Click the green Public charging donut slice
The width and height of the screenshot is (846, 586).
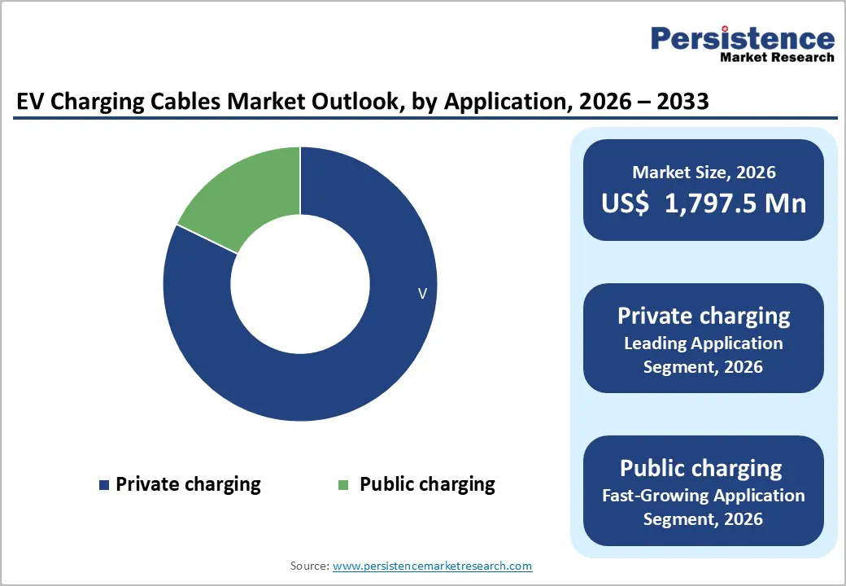(x=244, y=195)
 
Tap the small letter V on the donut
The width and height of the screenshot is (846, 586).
(x=422, y=294)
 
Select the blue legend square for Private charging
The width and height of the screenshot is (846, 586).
(x=103, y=485)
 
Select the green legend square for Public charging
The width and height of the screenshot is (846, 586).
(x=343, y=485)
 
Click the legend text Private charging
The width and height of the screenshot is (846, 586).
(x=188, y=484)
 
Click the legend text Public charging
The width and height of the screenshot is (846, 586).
(x=427, y=484)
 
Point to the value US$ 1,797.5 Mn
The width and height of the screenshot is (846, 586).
(x=704, y=203)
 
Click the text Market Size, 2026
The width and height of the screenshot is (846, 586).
(x=704, y=173)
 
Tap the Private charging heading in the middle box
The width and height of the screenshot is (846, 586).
(x=704, y=316)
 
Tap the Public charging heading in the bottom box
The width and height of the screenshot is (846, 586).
(x=701, y=468)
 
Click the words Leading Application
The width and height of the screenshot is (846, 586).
(x=704, y=343)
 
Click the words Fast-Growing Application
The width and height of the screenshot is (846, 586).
(x=704, y=495)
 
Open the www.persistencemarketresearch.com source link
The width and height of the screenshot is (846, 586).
(x=433, y=566)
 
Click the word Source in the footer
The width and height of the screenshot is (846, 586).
(x=309, y=566)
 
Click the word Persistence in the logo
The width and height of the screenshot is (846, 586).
(x=742, y=38)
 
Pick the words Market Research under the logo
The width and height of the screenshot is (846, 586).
(x=777, y=57)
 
